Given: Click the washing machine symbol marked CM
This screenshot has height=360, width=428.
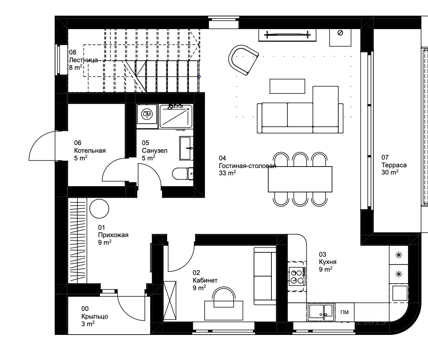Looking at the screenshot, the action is [147, 115].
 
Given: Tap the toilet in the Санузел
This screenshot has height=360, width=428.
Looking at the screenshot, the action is [183, 173].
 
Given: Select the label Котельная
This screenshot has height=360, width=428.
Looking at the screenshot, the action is [90, 151].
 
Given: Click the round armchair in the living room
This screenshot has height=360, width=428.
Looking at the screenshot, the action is [243, 60].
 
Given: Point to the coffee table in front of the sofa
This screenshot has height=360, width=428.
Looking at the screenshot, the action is [287, 86].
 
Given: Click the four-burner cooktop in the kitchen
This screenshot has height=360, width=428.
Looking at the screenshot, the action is [297, 276].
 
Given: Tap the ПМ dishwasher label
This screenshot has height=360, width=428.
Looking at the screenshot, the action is [344, 312].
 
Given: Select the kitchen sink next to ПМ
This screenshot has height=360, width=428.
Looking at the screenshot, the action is [321, 312].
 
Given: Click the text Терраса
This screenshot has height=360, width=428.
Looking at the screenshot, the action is [394, 165].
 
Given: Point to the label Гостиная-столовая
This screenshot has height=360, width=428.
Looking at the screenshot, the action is [247, 166].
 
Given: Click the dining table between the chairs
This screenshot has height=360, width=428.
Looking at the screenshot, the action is [300, 179].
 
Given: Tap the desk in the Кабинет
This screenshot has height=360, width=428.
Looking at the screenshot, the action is [224, 310].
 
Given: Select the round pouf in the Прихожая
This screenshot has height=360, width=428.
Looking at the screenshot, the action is [99, 208].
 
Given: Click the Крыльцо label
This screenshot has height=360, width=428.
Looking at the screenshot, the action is [95, 316].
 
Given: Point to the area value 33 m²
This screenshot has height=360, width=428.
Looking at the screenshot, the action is [227, 173].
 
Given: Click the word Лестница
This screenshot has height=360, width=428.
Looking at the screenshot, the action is [83, 60].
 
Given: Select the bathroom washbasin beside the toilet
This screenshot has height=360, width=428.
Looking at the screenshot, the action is [186, 148].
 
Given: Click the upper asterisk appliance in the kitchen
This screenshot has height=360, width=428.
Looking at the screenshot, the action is [399, 255].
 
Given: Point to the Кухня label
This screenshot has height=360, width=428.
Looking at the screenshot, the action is [328, 262].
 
